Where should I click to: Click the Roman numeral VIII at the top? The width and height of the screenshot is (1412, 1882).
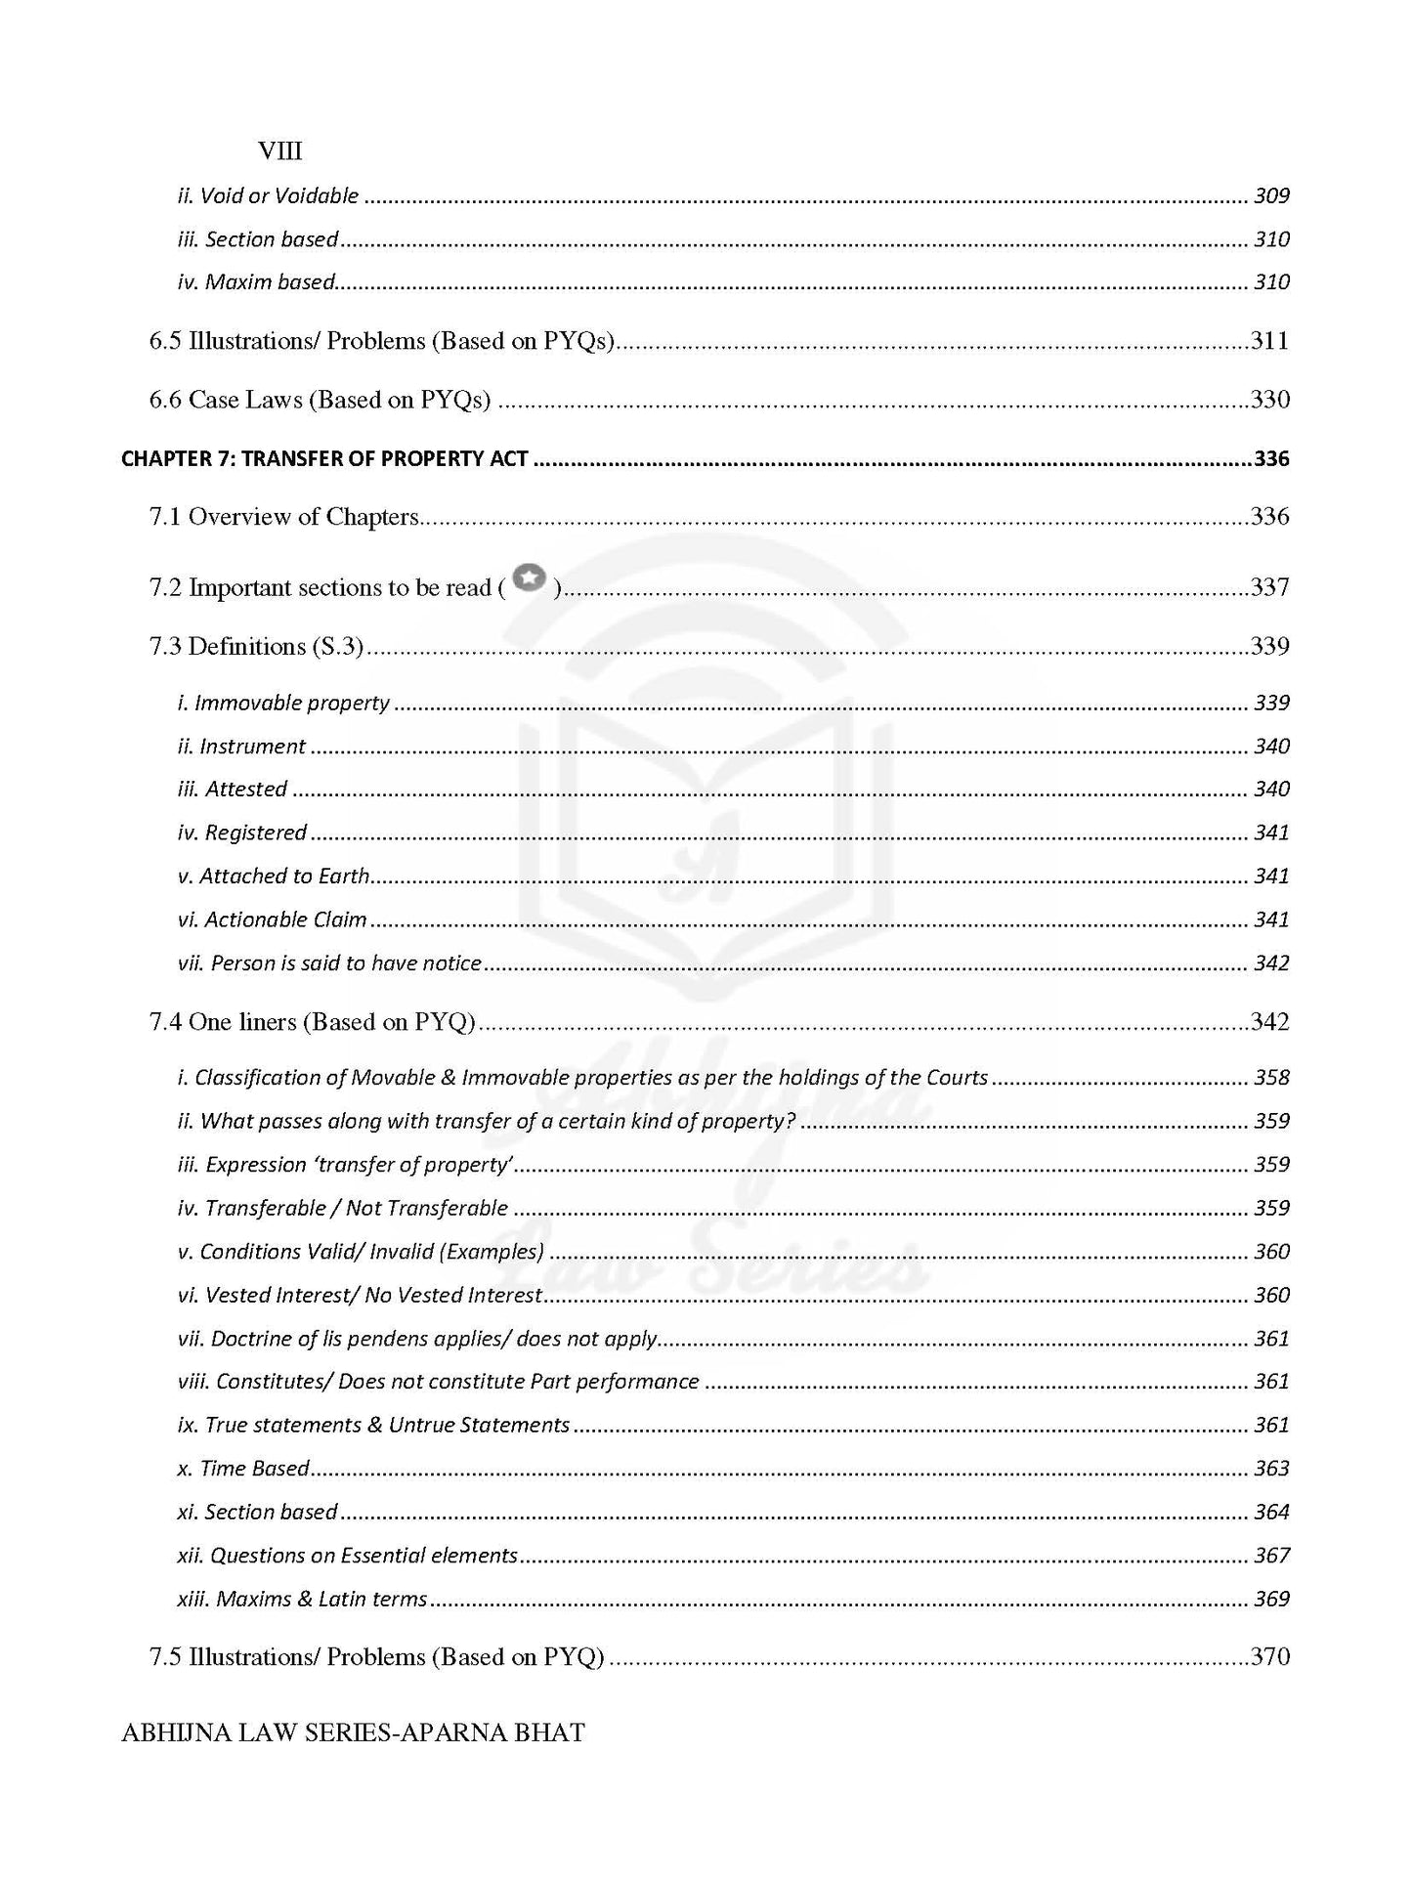279,151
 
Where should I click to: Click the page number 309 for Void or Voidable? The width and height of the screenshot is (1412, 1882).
1271,196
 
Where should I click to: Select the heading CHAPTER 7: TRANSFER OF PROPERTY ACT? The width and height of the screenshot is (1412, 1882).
324,458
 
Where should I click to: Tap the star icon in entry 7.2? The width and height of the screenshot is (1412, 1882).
529,578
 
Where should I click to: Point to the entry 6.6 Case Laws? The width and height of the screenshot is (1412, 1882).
320,400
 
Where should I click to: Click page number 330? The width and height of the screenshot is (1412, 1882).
1269,400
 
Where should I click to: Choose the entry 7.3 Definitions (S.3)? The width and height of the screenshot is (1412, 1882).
256,647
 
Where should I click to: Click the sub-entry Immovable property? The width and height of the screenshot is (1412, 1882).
283,704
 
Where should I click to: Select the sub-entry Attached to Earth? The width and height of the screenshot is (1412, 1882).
274,877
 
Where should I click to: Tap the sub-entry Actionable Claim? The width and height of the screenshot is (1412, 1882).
273,920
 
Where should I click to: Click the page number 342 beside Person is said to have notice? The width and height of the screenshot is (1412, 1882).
1271,963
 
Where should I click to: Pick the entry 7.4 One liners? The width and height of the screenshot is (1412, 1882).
312,1022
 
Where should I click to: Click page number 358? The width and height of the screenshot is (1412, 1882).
1271,1078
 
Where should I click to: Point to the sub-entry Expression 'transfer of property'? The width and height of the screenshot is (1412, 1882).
346,1165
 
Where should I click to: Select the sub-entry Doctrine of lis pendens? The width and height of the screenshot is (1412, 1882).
417,1339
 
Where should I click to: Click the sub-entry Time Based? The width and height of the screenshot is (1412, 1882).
244,1469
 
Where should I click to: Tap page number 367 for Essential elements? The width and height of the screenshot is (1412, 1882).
1271,1556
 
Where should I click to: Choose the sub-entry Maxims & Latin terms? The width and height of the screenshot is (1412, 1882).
303,1600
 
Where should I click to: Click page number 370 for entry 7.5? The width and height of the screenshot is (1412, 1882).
1269,1657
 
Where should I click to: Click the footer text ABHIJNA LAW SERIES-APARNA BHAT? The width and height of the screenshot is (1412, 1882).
353,1733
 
